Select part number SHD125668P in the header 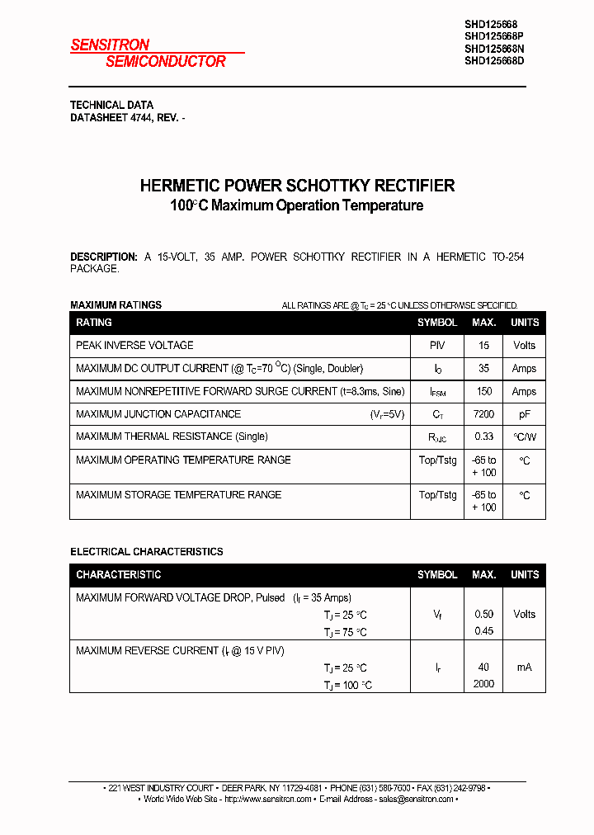point(493,36)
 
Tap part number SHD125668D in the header point(493,60)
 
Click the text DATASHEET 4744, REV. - point(127,118)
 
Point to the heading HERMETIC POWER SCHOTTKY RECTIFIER point(297,186)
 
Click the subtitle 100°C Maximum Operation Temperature point(297,205)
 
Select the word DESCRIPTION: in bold point(103,257)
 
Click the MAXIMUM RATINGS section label point(115,304)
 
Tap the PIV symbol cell point(437,345)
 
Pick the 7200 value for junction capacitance point(483,414)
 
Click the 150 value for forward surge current point(483,391)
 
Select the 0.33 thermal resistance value point(483,436)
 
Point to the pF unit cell point(524,414)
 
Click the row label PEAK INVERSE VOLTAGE point(134,345)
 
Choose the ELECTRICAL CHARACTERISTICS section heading point(146,551)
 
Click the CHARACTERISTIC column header point(118,574)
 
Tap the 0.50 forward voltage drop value point(483,614)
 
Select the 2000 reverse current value point(483,684)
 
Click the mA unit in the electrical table point(524,667)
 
